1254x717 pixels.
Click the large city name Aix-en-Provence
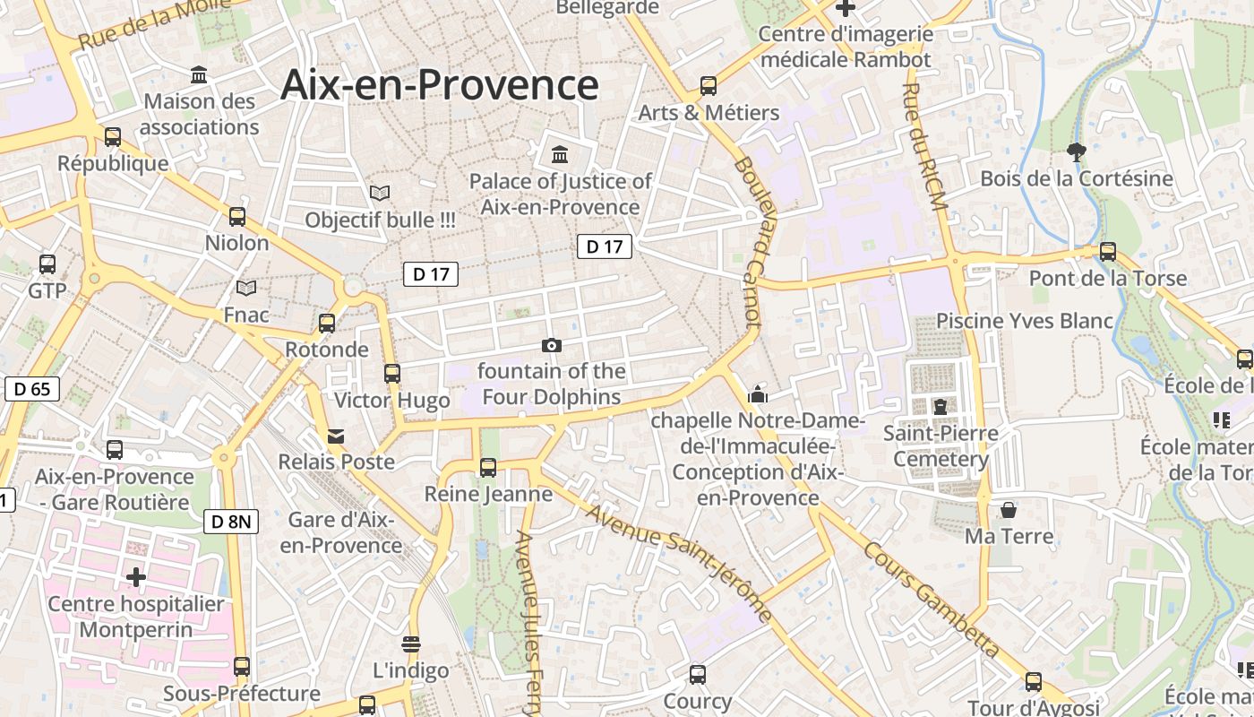pos(439,85)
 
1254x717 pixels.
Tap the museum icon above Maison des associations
pos(199,73)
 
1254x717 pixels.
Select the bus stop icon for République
pos(113,137)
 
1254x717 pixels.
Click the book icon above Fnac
pos(245,288)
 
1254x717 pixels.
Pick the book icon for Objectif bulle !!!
pos(380,193)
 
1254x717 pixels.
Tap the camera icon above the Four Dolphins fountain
pos(552,345)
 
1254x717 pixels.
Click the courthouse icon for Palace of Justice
pos(561,154)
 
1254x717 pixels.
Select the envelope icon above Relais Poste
pos(336,436)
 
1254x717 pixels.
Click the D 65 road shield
pos(32,389)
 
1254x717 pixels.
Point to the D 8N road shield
pos(231,521)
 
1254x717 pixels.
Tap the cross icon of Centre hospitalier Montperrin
pos(136,577)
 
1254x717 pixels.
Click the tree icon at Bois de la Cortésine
pos(1077,152)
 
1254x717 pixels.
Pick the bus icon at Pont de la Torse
pos(1108,252)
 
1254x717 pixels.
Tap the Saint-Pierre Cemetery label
pos(940,446)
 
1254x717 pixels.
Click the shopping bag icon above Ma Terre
pos(1009,510)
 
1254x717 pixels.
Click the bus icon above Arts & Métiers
pos(709,86)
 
